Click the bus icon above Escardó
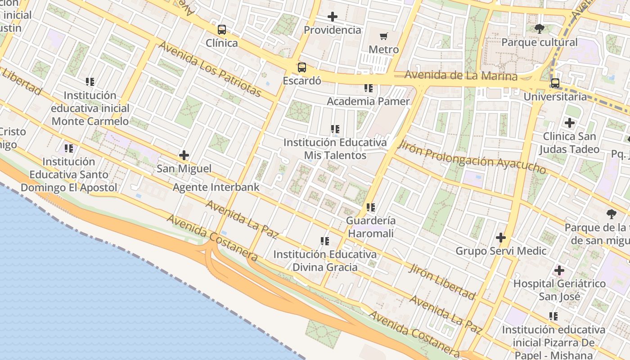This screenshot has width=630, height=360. (x=301, y=68)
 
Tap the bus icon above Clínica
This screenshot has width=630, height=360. (x=222, y=30)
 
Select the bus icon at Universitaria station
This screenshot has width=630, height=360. (x=555, y=83)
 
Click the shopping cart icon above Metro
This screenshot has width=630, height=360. (x=384, y=36)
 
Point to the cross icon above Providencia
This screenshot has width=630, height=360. (x=333, y=17)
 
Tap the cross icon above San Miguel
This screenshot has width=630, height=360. (x=184, y=156)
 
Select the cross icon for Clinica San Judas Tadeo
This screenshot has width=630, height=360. (x=570, y=123)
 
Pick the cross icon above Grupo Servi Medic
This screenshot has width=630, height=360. (x=501, y=238)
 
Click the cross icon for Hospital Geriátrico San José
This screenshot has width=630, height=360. (x=559, y=270)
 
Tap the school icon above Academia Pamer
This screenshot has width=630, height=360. (x=369, y=88)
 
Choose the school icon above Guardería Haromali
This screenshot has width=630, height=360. (x=371, y=207)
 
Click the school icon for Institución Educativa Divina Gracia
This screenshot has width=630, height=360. (x=324, y=241)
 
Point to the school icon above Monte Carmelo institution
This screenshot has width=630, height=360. (x=90, y=82)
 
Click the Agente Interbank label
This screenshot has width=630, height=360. (x=216, y=187)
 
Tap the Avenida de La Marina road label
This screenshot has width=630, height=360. (x=461, y=75)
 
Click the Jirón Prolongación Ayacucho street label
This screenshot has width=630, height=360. (x=472, y=157)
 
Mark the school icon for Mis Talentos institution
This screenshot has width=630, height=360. (x=335, y=130)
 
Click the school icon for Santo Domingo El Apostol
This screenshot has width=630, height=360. (x=69, y=148)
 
